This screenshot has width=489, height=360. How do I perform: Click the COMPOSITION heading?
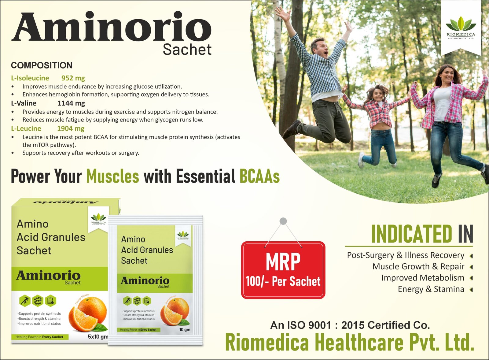coord(42,65)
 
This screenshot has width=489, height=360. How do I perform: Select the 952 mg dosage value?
coord(73,78)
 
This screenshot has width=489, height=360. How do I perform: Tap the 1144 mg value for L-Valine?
coord(71,103)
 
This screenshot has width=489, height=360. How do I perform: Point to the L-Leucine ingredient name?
coord(26,128)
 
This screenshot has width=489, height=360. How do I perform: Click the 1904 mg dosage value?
coord(71,128)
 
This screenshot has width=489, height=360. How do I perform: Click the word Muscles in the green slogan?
coord(112,176)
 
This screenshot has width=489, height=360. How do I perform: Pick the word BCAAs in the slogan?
coord(259,176)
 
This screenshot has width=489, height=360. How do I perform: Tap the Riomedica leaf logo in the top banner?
coord(461,24)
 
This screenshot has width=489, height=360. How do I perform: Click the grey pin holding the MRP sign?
coord(283,221)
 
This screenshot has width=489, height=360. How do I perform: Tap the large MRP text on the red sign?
coord(283,262)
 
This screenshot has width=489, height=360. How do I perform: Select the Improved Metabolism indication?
coord(422,278)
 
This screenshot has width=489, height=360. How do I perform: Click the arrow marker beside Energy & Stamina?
coord(471,289)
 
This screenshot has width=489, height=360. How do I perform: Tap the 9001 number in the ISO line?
coord(320,325)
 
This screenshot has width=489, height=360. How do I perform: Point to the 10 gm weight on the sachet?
coord(185,329)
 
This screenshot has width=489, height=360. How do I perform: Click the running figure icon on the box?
coord(25,301)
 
